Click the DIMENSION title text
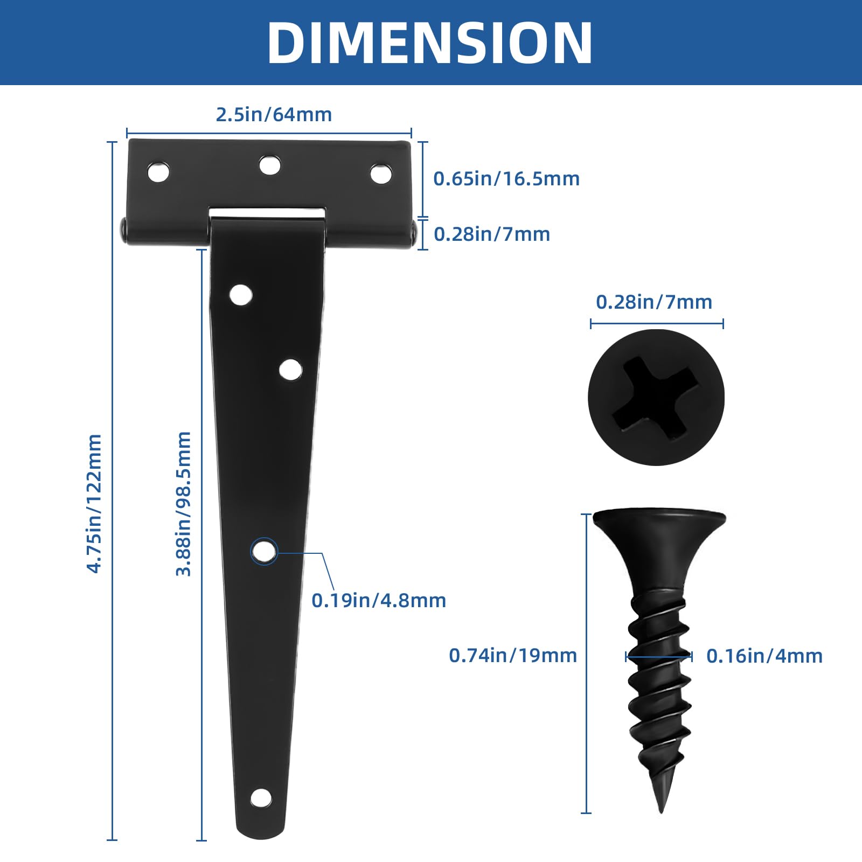(430, 43)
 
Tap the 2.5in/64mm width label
(274, 115)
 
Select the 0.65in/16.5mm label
(506, 179)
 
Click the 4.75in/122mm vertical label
(94, 503)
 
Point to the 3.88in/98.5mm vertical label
(184, 503)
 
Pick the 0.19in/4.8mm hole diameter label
(379, 601)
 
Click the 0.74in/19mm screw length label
(513, 656)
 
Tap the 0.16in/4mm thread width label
(764, 656)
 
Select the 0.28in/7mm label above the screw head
(654, 302)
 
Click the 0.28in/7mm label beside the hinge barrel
(492, 234)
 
